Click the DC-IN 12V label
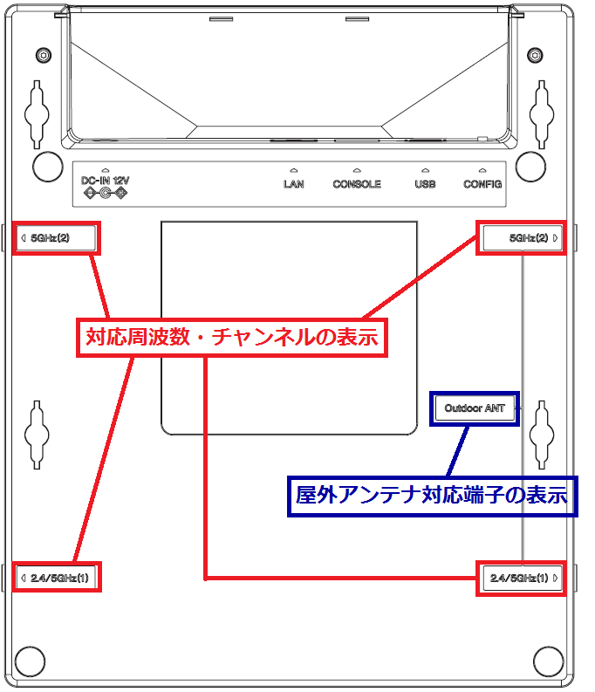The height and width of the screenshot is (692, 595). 105,180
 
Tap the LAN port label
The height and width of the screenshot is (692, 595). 294,184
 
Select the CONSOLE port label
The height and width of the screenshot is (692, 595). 357,184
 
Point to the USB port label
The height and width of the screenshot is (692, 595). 425,184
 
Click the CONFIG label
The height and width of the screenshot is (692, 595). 482,184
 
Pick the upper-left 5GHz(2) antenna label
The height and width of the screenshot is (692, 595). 56,238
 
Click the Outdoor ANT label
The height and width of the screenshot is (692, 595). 475,408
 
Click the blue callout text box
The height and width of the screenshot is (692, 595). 432,496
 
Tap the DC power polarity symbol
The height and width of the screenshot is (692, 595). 105,194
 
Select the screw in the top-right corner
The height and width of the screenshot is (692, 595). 534,56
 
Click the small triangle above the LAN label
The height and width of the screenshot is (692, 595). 294,171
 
